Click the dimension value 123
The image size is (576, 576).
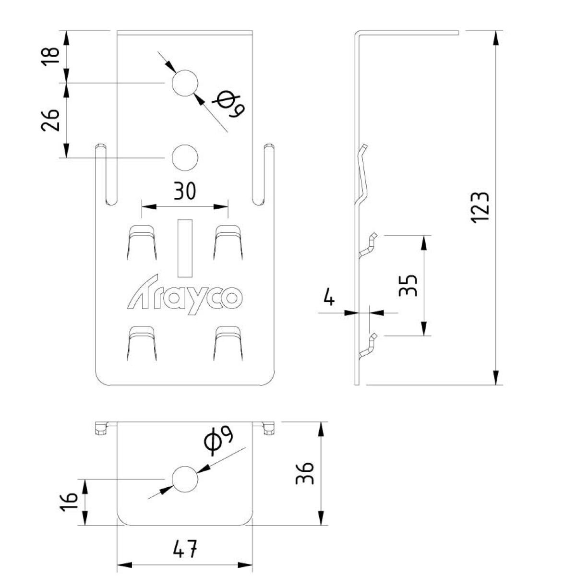coord(480,207)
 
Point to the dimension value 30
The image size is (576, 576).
coord(185,191)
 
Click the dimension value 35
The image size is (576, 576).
coord(408,286)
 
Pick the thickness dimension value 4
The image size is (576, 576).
coord(329,298)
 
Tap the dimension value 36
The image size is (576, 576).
coord(305,474)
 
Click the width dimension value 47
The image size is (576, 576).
coord(184,549)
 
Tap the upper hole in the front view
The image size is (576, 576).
coord(185,83)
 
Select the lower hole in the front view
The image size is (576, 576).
coord(185,157)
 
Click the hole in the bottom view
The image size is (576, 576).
coord(185,479)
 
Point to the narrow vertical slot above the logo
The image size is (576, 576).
coord(185,248)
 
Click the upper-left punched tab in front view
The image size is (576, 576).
coord(142,243)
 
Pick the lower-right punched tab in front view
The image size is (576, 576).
coord(228,343)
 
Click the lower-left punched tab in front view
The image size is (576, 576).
coord(142,343)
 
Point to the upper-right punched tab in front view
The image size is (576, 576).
coord(228,243)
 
